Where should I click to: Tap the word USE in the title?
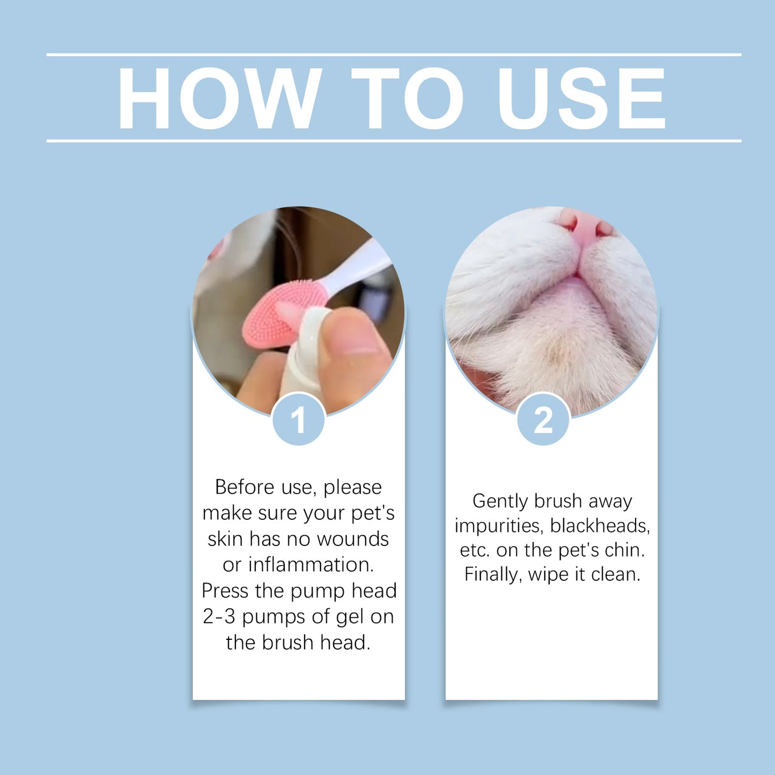(x=581, y=98)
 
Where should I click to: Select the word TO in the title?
(x=407, y=98)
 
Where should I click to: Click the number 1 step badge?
(x=298, y=420)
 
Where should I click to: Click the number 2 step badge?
(x=543, y=420)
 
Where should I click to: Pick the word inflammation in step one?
(x=311, y=565)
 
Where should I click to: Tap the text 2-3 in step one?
(x=219, y=617)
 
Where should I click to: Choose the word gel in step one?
(x=350, y=617)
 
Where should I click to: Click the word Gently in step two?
(x=500, y=501)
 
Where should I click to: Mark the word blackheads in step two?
(x=600, y=526)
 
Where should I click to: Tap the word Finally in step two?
(x=493, y=574)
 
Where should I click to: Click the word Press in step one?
(x=225, y=591)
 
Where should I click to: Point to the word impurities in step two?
(x=499, y=526)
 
